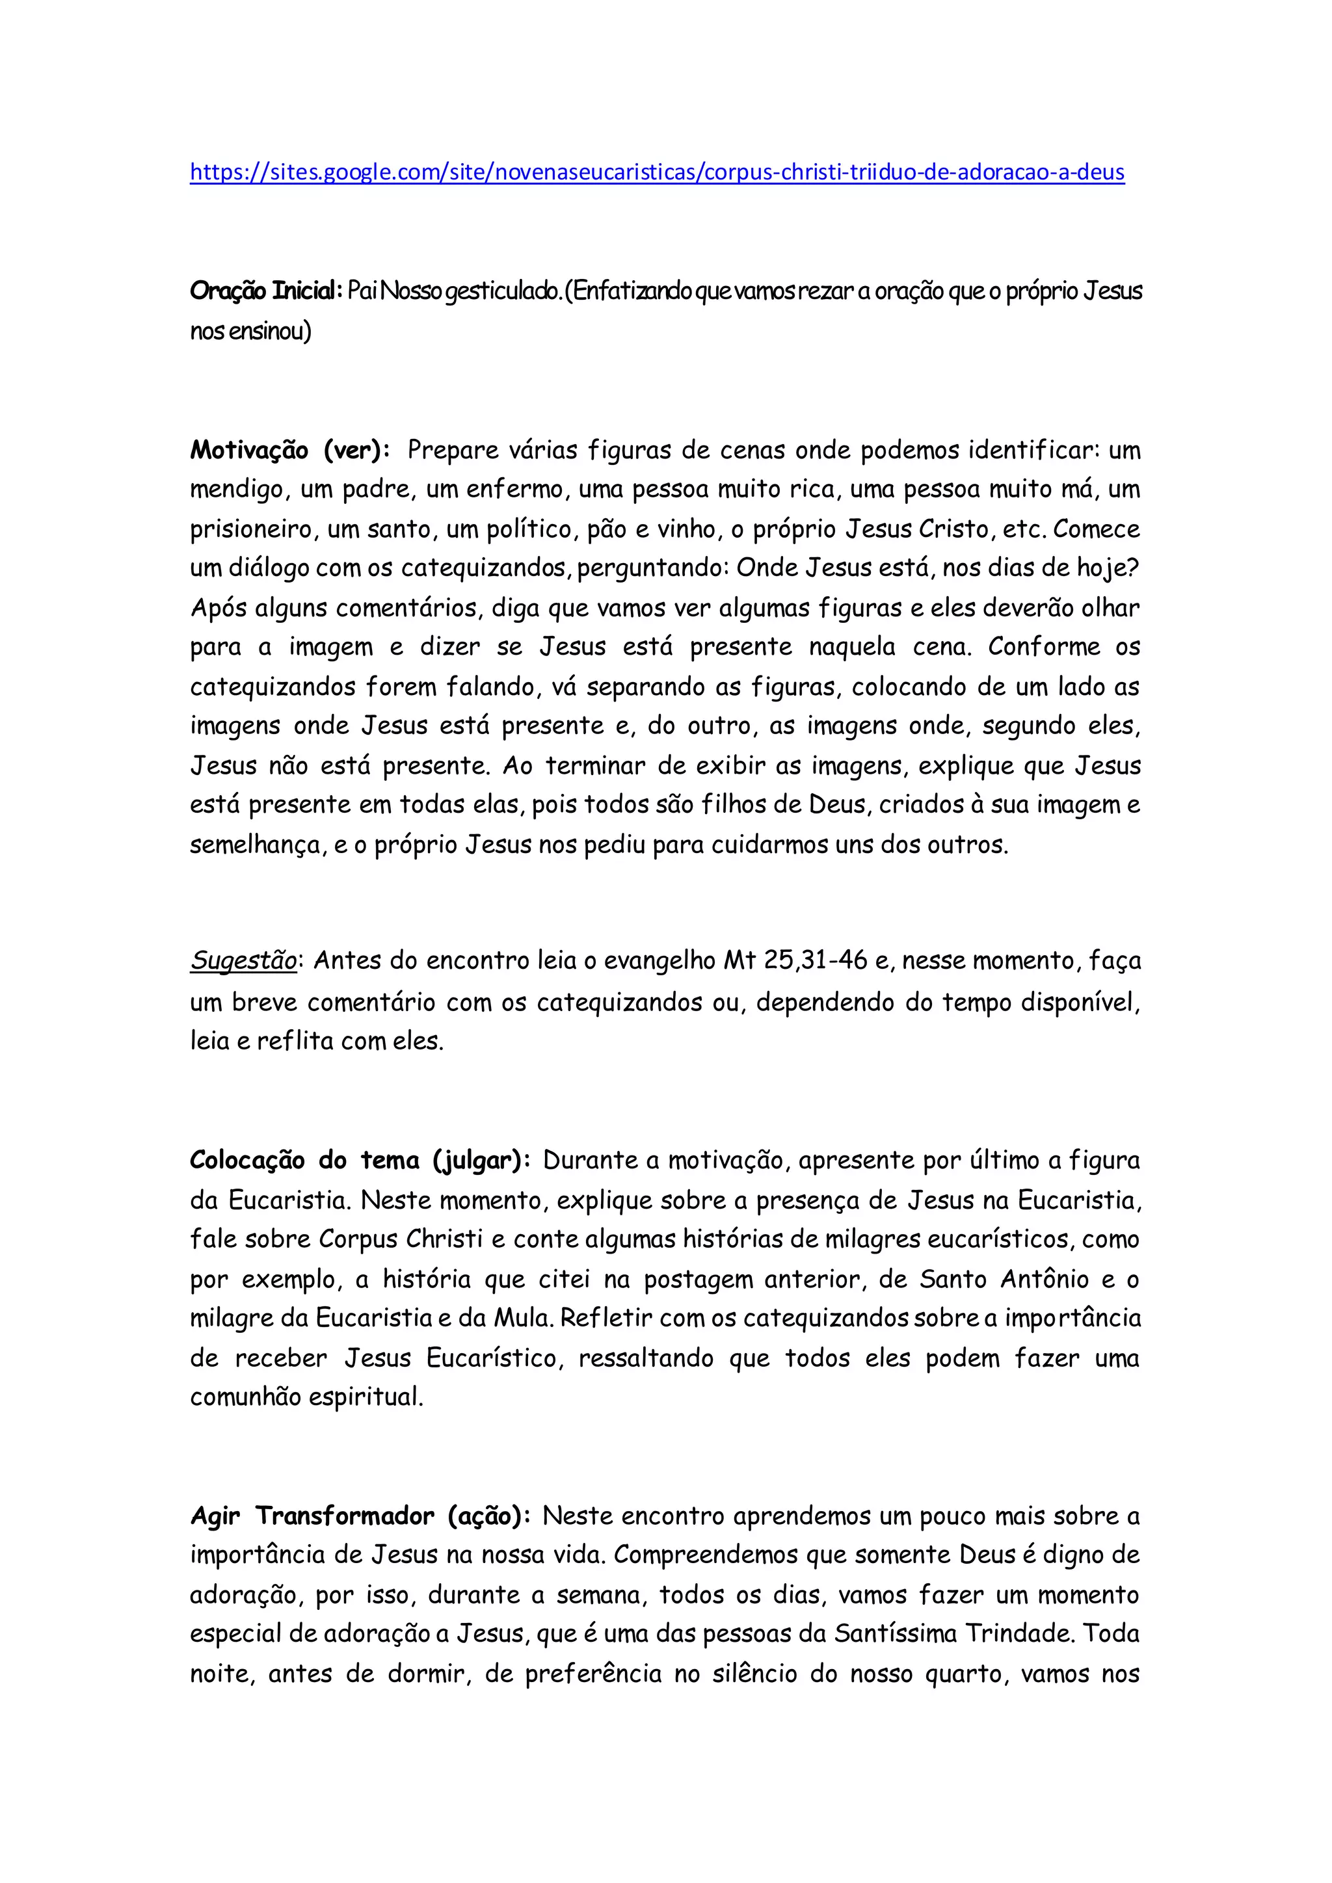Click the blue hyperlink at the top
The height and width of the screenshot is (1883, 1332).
pos(656,172)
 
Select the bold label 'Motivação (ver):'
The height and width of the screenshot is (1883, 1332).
pos(289,450)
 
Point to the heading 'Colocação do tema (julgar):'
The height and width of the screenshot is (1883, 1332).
pos(361,1161)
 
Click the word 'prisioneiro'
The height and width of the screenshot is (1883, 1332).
pos(250,530)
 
